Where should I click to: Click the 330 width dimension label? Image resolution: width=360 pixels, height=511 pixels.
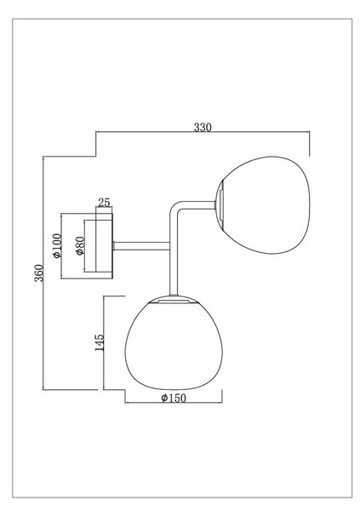tap(203, 127)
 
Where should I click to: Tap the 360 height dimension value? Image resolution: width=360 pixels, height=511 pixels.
tap(39, 273)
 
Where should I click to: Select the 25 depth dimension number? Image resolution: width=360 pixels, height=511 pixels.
tap(104, 203)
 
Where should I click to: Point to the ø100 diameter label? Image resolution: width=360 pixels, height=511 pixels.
tap(57, 246)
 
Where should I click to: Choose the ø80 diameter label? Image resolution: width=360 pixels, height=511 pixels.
tap(80, 246)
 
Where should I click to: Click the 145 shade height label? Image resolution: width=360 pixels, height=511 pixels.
tap(99, 342)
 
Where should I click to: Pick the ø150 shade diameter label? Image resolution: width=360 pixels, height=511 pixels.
tap(174, 398)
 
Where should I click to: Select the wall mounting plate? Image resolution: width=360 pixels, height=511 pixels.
tap(104, 246)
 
